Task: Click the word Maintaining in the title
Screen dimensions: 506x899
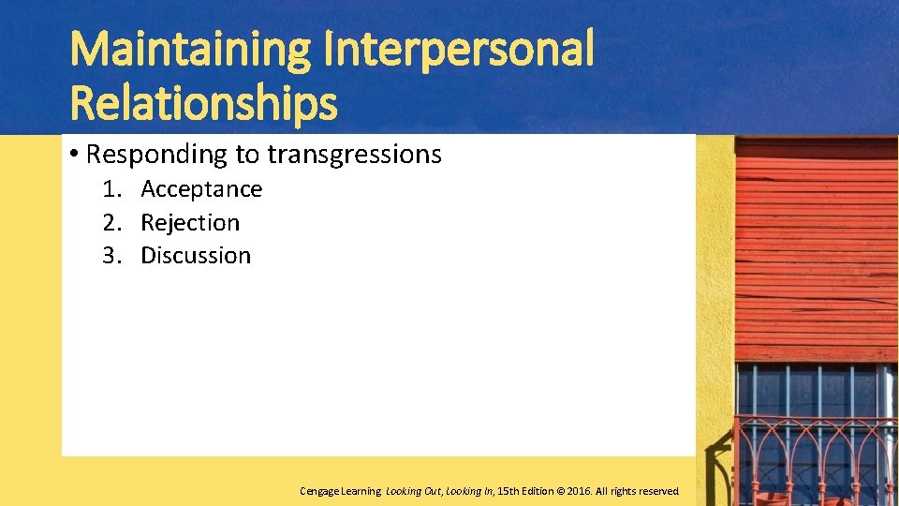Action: (190, 51)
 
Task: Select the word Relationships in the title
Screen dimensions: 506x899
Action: (203, 103)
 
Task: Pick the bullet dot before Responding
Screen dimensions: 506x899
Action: (74, 154)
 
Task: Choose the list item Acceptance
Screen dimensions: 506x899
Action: (201, 189)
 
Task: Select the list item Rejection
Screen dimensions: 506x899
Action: (190, 223)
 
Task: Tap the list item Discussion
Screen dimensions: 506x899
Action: (196, 256)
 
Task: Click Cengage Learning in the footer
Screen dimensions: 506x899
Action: (340, 491)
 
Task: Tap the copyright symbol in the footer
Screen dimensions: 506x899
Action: (559, 491)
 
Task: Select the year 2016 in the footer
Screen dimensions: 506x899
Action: (577, 491)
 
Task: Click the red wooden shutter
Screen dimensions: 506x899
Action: (816, 248)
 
